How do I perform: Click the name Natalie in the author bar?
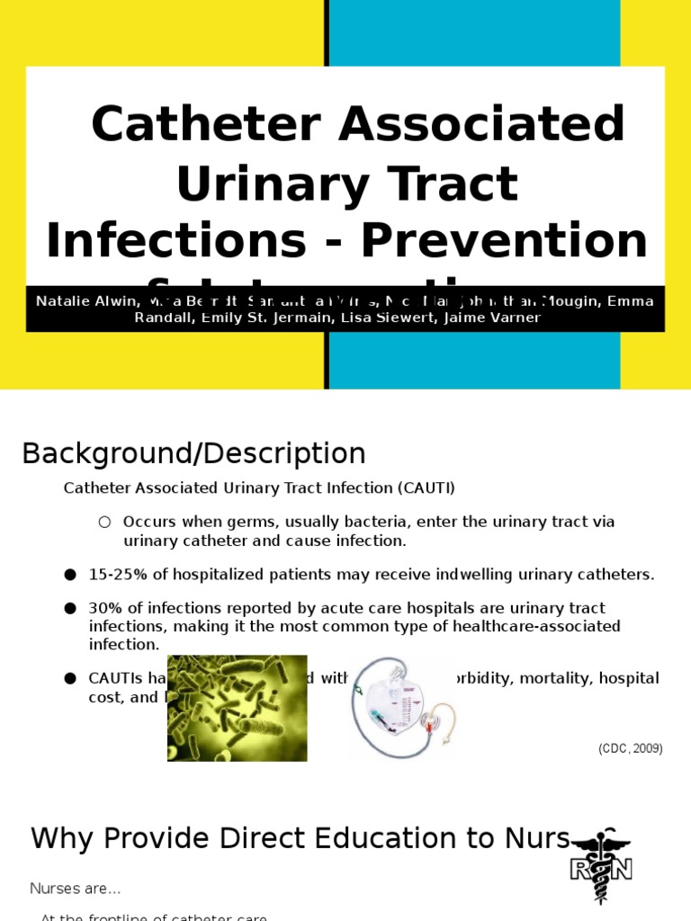pyautogui.click(x=62, y=301)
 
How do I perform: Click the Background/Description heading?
pyautogui.click(x=193, y=453)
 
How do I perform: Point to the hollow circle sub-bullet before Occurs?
pyautogui.click(x=104, y=522)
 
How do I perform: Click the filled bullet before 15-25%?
pyautogui.click(x=70, y=574)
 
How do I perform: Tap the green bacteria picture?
pyautogui.click(x=237, y=708)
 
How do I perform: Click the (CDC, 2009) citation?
pyautogui.click(x=630, y=748)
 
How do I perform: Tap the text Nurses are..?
pyautogui.click(x=75, y=889)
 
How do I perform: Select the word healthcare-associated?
pyautogui.click(x=539, y=626)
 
